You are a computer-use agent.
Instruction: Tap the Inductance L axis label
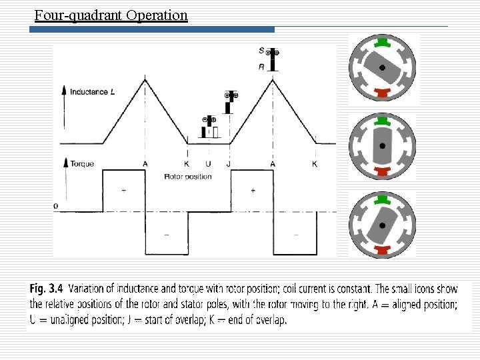(92, 91)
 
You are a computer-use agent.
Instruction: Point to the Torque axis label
(82, 163)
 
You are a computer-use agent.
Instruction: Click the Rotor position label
(187, 177)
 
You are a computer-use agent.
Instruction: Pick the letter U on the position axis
(208, 164)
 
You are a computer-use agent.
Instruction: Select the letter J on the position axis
(229, 164)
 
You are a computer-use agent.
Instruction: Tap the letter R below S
(261, 66)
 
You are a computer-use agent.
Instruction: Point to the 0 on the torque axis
(56, 206)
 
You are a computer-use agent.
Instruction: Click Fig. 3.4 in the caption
(46, 289)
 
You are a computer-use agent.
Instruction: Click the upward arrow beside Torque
(64, 163)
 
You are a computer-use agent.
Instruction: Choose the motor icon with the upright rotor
(382, 146)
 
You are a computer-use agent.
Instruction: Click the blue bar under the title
(154, 29)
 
